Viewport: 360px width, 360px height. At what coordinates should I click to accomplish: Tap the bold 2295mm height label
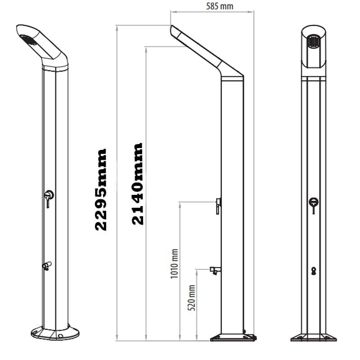coord(101,189)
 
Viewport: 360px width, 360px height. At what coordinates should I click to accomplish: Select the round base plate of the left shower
coord(55,333)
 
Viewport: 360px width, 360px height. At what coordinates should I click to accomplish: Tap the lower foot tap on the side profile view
coord(215,270)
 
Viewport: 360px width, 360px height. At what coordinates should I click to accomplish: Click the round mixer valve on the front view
coord(314,202)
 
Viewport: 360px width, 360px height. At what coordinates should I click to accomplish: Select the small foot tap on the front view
coord(314,270)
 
